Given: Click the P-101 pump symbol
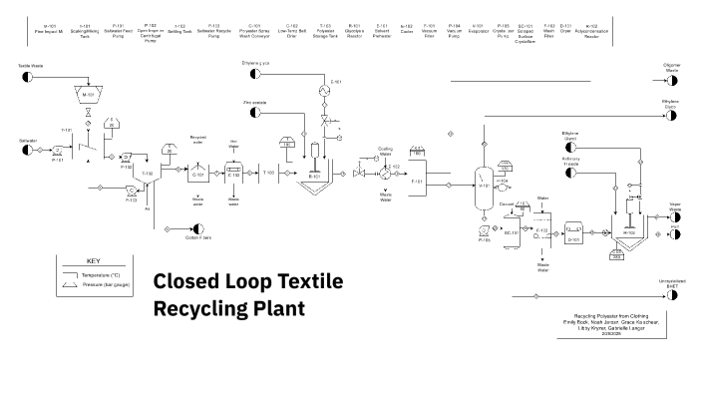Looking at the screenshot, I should tap(58, 154).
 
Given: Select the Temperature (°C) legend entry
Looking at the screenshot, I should tap(101, 272).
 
